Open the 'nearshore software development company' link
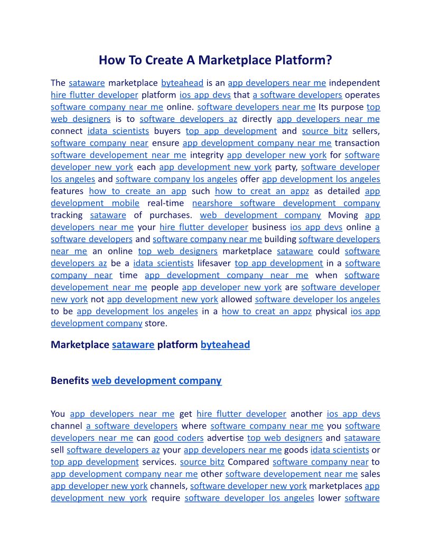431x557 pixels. pos(286,203)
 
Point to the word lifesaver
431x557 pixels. pos(214,263)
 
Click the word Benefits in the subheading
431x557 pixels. pos(70,380)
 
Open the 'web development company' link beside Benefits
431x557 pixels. pos(156,380)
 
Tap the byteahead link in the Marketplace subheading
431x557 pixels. pos(225,345)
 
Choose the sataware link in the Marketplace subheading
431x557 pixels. pos(133,345)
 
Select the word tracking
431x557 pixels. pos(67,215)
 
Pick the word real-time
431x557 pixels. pos(166,203)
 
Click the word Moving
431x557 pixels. pos(343,215)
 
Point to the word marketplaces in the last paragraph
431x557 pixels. pos(336,486)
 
